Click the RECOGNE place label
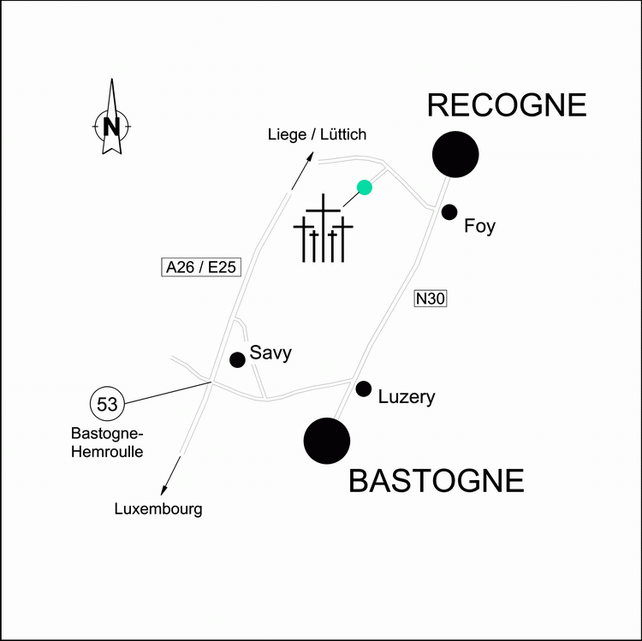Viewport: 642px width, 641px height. [507, 105]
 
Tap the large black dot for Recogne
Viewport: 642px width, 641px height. [455, 154]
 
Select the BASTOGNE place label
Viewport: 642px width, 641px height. [436, 481]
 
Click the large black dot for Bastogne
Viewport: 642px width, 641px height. [327, 441]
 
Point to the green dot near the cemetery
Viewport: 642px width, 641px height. [365, 187]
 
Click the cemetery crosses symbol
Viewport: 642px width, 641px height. [323, 228]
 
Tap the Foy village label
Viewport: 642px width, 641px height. [479, 226]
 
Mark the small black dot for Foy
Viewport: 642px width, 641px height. [449, 212]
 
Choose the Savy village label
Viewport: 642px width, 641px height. [270, 353]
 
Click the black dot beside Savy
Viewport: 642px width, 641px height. [237, 359]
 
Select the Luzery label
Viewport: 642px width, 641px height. [406, 397]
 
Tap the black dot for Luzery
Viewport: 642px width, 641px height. [364, 389]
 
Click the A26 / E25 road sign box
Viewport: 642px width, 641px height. [201, 267]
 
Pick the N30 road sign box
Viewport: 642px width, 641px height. [431, 299]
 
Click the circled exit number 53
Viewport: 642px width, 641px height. [107, 404]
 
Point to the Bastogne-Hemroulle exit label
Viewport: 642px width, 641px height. [107, 442]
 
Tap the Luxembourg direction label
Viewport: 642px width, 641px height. [158, 509]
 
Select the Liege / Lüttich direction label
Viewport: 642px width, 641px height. [317, 134]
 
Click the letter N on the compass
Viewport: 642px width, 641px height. [111, 127]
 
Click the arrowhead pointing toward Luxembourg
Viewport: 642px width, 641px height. [163, 490]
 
